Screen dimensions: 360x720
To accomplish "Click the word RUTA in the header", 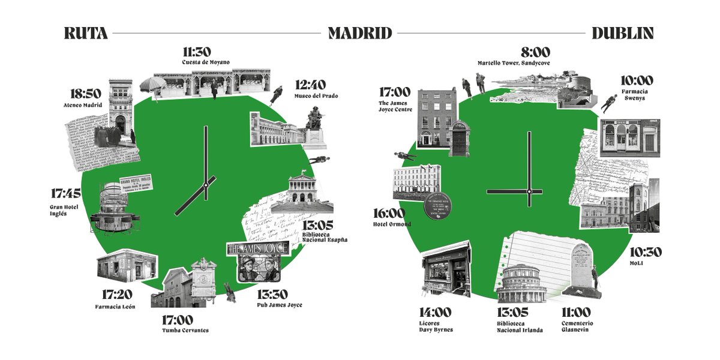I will pos(86,34).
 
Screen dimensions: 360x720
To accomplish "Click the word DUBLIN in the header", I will pos(623,34).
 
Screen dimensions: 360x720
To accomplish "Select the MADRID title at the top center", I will pos(360,34).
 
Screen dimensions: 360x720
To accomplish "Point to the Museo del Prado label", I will pos(316,96).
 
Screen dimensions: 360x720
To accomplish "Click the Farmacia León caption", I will pos(115,307).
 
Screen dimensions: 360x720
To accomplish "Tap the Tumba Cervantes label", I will pos(185,330).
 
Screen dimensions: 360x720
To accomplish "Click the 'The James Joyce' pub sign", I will pos(258,248).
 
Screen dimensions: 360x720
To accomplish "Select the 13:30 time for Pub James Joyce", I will pos(272,294).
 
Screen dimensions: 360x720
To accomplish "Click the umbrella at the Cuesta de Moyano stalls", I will pos(152,83).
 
